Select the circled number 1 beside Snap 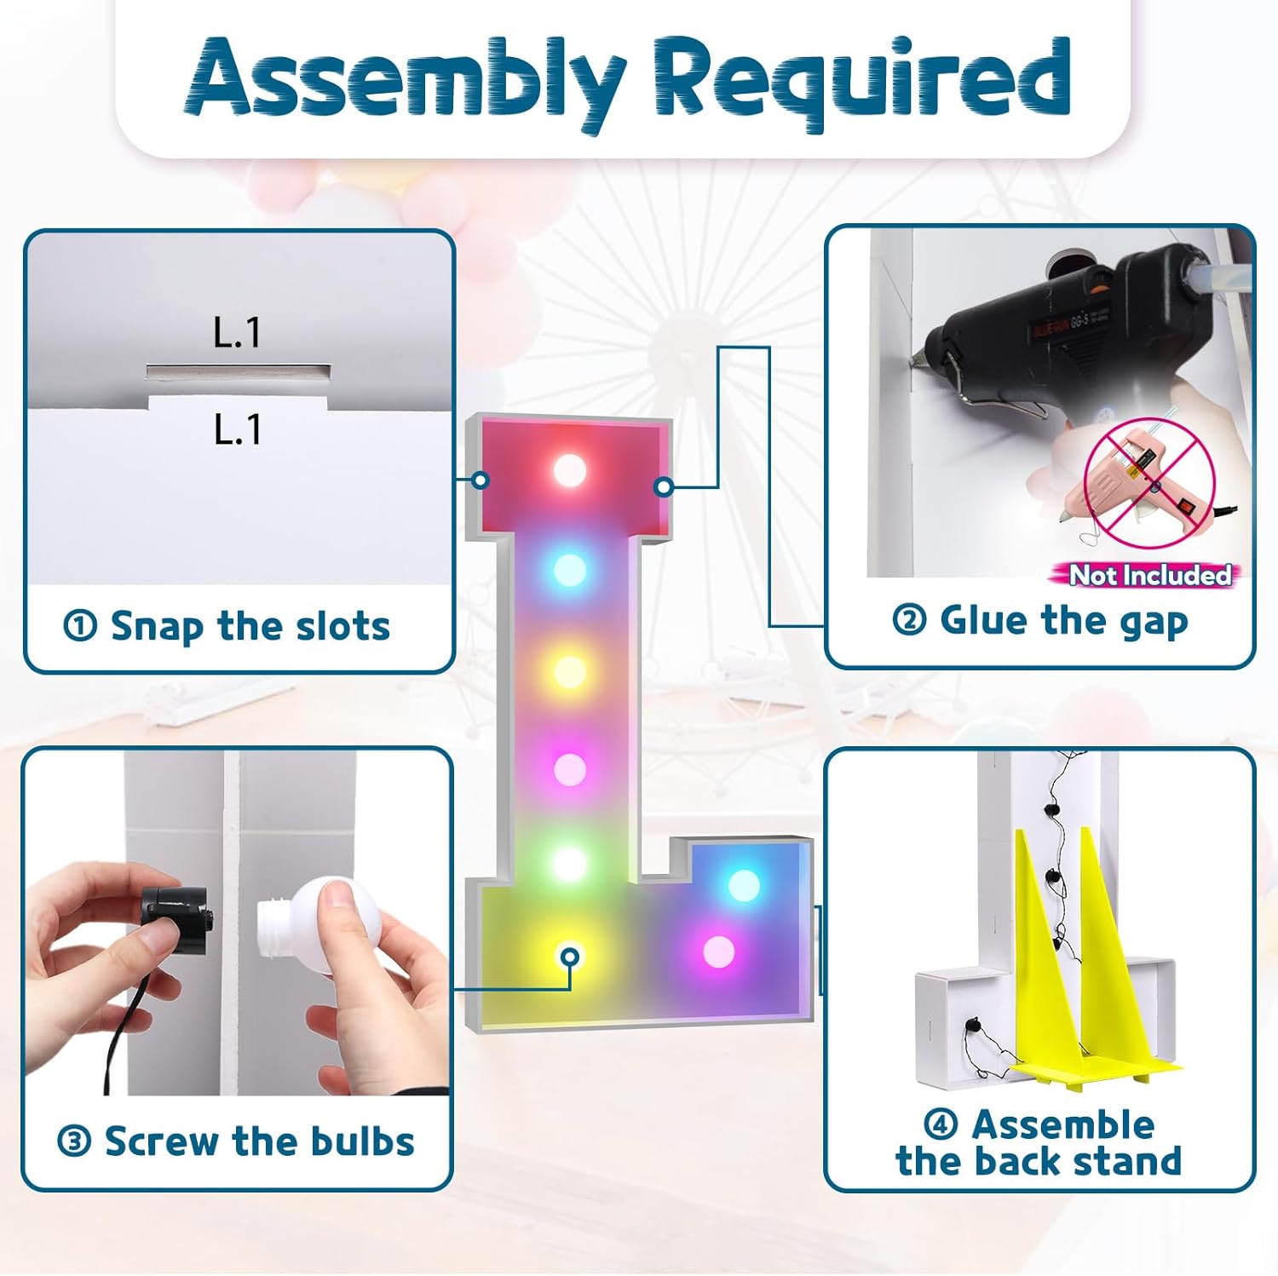[x=80, y=627]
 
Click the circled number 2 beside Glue [x=909, y=619]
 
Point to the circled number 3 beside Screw [x=74, y=1141]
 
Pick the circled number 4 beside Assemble [x=941, y=1124]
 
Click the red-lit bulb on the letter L [x=570, y=469]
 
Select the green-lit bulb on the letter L [x=570, y=863]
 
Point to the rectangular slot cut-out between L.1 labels [x=239, y=373]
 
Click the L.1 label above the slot [x=238, y=332]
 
